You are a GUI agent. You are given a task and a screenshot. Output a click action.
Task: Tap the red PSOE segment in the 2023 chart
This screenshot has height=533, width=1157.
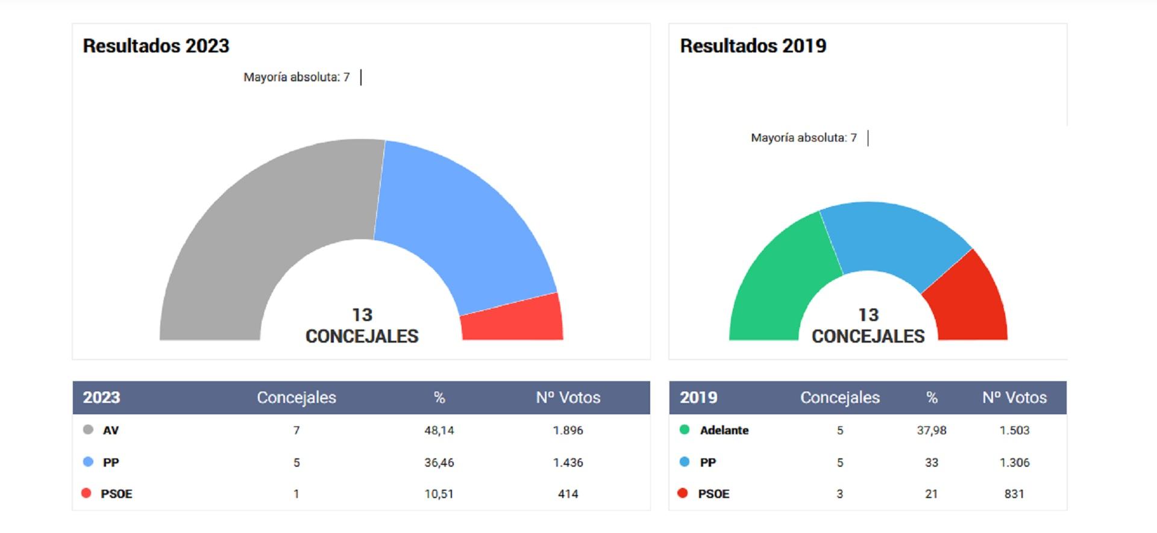[x=512, y=322]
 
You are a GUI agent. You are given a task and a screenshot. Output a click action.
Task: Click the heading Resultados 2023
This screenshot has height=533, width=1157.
[x=156, y=46]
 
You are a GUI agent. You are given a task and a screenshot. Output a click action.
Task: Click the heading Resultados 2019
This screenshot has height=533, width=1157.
[x=753, y=46]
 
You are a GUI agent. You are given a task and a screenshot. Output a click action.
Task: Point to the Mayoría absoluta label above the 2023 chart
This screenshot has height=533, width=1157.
[x=296, y=77]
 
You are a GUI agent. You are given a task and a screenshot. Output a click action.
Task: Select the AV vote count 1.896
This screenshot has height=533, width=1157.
[x=568, y=431]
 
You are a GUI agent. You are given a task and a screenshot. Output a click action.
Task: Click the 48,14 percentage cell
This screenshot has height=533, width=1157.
[x=439, y=431]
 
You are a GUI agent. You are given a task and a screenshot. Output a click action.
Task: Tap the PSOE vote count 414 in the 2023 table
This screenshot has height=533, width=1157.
[x=568, y=494]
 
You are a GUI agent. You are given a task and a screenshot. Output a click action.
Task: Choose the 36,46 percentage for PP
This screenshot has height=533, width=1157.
[x=439, y=463]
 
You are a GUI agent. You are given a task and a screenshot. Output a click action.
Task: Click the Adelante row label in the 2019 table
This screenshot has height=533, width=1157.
[x=724, y=431]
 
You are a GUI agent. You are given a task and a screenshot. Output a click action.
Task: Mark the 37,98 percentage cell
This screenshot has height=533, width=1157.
[x=932, y=431]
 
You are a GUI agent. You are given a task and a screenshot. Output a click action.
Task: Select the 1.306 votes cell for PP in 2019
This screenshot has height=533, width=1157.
[x=1015, y=463]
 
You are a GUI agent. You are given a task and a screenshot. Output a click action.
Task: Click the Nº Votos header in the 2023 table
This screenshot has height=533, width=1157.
[x=568, y=397]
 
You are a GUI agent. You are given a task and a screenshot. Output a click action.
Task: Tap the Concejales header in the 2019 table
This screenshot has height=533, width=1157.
[x=839, y=397]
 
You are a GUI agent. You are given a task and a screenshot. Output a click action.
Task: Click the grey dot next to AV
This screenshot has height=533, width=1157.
[x=88, y=430]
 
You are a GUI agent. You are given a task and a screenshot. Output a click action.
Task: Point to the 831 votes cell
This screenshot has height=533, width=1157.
[x=1014, y=494]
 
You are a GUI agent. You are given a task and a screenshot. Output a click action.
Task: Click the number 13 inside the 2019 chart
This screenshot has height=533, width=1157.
[x=868, y=315]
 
